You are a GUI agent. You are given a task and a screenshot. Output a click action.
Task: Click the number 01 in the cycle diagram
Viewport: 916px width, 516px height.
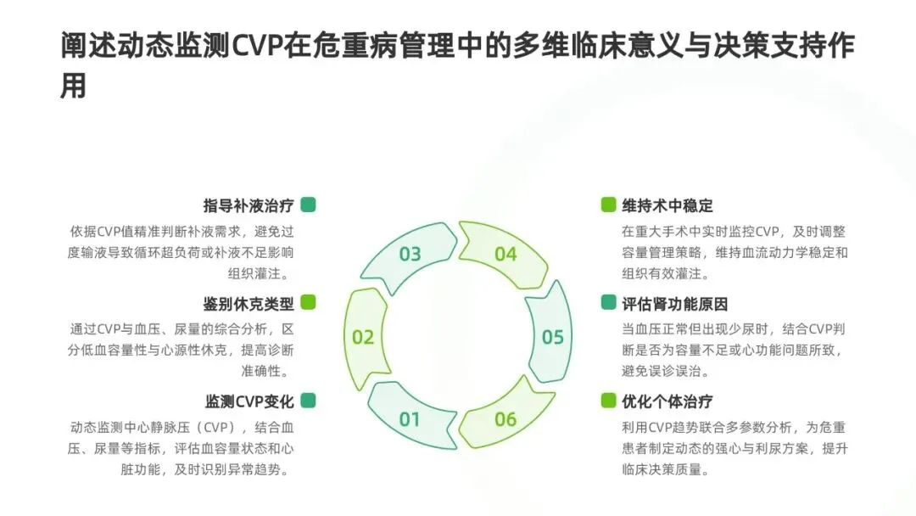410,418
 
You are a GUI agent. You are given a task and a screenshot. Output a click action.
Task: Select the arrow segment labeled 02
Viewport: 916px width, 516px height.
364,337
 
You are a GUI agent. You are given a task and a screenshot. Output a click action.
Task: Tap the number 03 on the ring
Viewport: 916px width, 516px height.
410,254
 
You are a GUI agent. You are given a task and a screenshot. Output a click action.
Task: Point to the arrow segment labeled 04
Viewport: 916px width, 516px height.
505,254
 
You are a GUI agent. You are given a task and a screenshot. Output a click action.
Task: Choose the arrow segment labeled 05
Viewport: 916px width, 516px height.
552,337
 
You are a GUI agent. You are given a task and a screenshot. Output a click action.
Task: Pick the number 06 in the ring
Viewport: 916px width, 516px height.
505,418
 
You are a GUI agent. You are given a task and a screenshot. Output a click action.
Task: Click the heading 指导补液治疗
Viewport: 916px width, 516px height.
248,205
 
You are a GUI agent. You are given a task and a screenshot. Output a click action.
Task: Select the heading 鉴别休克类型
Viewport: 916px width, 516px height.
248,303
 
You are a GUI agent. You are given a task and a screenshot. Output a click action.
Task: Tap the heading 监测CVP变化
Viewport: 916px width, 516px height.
249,401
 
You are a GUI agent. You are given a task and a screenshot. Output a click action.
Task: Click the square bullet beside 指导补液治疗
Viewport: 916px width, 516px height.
309,205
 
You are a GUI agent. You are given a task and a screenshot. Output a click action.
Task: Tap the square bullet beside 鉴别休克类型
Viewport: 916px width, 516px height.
309,302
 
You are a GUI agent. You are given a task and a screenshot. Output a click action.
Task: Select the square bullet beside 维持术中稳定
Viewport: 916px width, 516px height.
608,205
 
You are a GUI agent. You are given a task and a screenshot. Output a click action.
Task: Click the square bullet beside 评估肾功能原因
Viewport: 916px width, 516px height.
608,302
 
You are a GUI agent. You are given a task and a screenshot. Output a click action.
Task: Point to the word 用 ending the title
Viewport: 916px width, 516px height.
74,86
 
